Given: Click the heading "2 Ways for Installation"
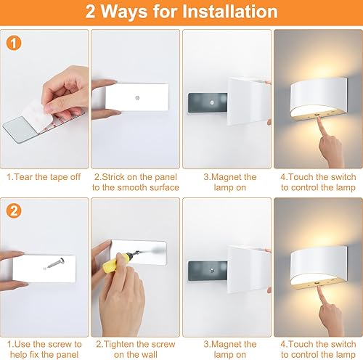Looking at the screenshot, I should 181,12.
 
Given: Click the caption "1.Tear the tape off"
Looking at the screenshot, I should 44,176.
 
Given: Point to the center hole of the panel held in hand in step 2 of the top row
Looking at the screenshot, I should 136,95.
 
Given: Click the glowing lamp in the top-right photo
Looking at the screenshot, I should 317,97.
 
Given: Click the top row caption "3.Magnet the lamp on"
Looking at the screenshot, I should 226,181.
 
